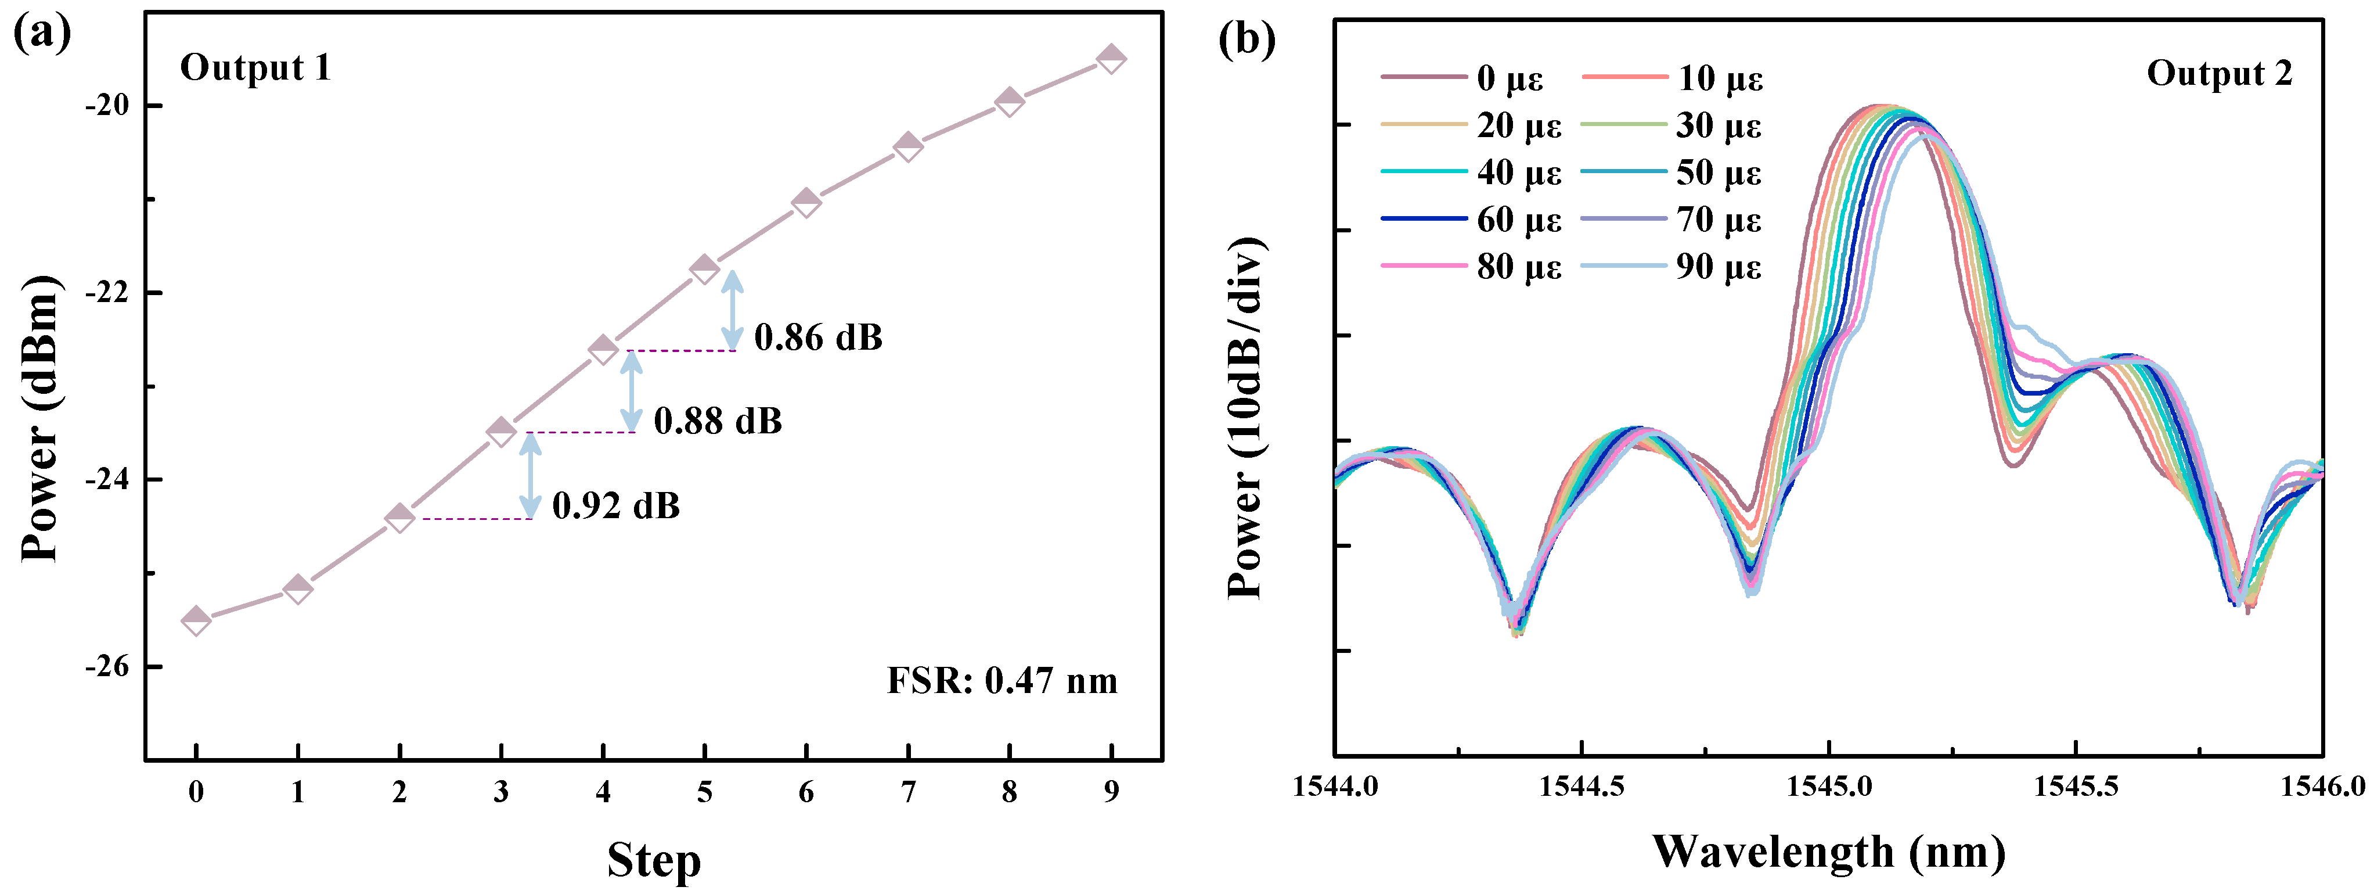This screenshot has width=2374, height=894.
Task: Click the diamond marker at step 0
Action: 196,620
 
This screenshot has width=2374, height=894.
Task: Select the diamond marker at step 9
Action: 1111,58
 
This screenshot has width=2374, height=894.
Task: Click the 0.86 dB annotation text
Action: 819,338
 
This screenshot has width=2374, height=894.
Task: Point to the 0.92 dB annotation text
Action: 615,506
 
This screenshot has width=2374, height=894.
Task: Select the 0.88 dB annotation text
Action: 718,422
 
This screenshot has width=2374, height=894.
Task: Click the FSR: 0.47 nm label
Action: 1002,681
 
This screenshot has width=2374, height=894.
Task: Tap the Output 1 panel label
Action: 255,68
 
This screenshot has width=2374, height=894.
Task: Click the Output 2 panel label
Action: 2219,74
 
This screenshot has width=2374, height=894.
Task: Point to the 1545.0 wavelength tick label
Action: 1829,786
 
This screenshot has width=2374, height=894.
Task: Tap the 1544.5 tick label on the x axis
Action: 1582,786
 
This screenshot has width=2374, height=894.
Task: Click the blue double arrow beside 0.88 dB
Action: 631,391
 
